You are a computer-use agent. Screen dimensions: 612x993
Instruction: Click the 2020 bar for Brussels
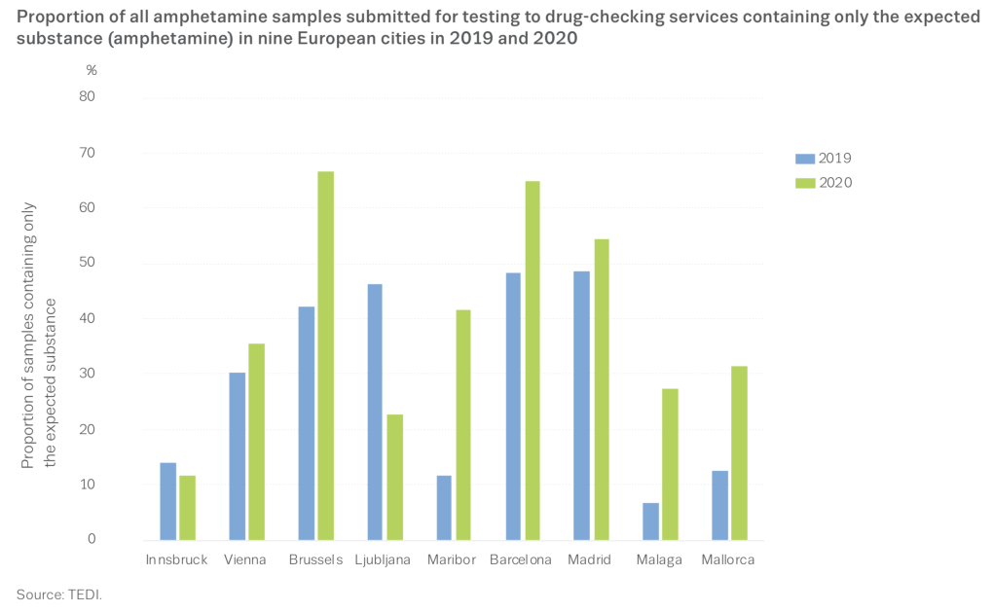325,355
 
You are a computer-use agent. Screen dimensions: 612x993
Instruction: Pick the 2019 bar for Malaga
650,521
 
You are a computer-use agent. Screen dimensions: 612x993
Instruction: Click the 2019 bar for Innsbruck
167,501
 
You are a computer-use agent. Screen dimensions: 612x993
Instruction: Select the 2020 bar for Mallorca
739,452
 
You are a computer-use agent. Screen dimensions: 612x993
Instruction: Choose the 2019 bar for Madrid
581,405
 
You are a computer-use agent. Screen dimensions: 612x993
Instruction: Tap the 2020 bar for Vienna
256,442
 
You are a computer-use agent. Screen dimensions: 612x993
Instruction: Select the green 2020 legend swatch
805,182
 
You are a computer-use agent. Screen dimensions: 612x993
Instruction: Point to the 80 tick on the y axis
88,96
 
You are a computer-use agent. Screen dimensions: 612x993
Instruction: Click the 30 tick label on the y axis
88,374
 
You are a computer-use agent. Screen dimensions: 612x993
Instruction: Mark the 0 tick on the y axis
92,540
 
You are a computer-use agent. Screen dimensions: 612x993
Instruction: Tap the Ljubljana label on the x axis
383,560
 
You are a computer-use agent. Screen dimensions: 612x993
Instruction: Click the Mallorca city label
727,560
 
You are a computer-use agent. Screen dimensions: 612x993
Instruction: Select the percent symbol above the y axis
91,70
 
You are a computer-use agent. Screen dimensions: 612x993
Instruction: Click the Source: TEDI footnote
58,594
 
